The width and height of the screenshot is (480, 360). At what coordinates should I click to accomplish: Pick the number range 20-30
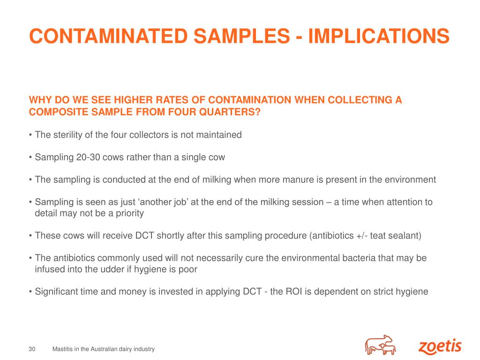[x=88, y=157]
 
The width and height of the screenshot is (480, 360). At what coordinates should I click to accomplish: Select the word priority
[x=128, y=213]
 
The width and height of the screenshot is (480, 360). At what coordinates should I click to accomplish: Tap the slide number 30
[x=32, y=349]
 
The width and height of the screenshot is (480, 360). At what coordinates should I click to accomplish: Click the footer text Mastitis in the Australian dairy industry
[x=104, y=349]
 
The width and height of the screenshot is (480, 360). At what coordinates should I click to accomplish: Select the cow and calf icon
[x=381, y=345]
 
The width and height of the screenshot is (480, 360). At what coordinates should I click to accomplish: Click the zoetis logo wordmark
[x=440, y=347]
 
